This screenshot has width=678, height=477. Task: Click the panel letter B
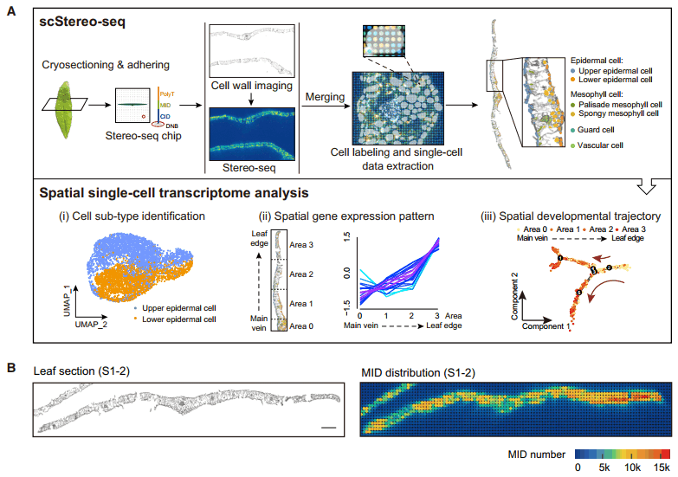click(x=10, y=368)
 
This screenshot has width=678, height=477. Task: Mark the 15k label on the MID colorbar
click(x=662, y=467)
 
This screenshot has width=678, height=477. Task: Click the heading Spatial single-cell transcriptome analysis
click(x=170, y=192)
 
